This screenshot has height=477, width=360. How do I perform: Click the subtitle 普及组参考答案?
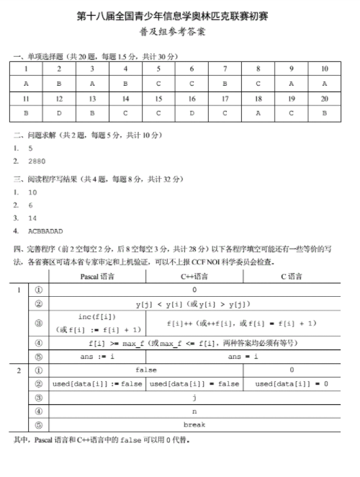(x=179, y=32)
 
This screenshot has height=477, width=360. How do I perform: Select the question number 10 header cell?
(x=324, y=69)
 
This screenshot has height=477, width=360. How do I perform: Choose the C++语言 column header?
(x=194, y=276)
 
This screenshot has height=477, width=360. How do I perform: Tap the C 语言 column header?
(x=291, y=276)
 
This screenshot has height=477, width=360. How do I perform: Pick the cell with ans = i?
(x=243, y=356)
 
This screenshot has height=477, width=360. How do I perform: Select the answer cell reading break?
(x=194, y=424)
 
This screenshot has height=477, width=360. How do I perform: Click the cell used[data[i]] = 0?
(x=291, y=383)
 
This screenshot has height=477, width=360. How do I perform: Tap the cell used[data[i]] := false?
(x=96, y=383)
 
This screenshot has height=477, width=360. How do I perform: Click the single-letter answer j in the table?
(x=194, y=397)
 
